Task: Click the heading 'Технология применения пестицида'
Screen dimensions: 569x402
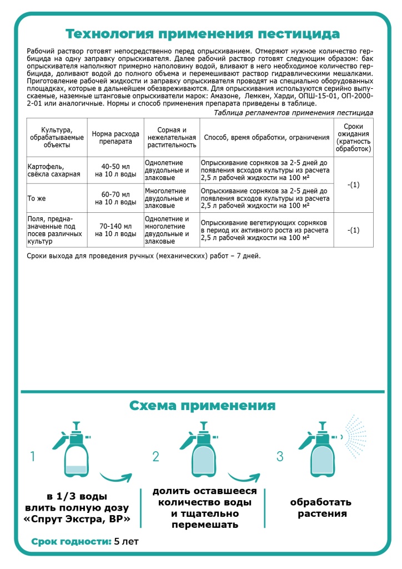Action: tap(203, 34)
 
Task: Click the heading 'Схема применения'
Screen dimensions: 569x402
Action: tap(202, 405)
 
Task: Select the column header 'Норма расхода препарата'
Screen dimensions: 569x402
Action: tap(115, 137)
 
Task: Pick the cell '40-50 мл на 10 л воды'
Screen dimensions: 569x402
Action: tap(115, 169)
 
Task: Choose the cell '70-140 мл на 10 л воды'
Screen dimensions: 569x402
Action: tap(115, 230)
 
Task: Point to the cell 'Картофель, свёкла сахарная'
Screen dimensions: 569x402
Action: tap(54, 169)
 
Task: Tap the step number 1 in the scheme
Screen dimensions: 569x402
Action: tap(33, 457)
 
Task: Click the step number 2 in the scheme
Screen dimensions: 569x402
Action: tap(156, 457)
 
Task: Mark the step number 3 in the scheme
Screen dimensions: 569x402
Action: tap(280, 457)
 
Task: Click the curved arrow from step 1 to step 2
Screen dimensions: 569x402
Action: tap(116, 477)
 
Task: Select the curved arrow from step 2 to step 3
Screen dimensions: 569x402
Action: tap(244, 477)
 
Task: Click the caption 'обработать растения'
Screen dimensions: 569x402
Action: tap(321, 508)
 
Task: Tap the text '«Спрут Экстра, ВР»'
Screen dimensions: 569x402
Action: tap(78, 520)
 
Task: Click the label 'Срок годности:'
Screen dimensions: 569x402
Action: tap(71, 541)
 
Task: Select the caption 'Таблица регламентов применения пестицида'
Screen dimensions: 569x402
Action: tap(294, 113)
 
